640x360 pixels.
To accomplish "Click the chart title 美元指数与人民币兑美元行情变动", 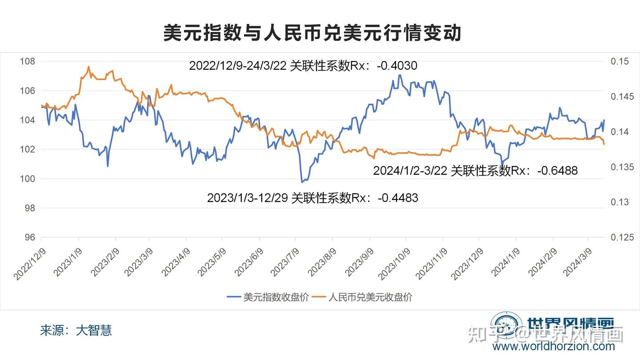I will click(312, 33).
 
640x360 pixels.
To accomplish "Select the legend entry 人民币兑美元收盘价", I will click(370, 297).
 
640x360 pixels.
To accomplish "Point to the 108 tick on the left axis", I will click(28, 61).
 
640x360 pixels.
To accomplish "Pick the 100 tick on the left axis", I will click(28, 179).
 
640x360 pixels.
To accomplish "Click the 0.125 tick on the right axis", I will click(621, 237).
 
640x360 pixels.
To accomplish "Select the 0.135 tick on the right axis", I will click(621, 167).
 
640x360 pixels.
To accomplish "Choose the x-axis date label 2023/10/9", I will click(393, 265).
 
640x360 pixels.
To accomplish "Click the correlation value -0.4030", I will click(396, 66).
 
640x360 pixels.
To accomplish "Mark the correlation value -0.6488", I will click(557, 170).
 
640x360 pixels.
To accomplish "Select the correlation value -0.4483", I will click(398, 198).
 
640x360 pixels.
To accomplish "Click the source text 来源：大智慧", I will click(76, 330).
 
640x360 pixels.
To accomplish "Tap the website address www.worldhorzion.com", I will click(554, 347).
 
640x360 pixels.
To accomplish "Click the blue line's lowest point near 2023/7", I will click(302, 182).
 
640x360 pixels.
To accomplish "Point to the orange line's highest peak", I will click(88, 67).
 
